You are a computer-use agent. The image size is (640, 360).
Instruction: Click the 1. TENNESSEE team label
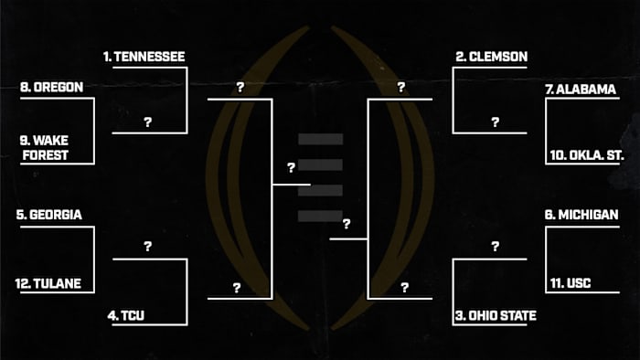[x=144, y=58]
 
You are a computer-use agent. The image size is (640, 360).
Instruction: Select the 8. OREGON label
[x=51, y=88]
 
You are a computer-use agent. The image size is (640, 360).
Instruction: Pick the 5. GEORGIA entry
[x=49, y=216]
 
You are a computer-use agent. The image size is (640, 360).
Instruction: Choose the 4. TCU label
[x=127, y=316]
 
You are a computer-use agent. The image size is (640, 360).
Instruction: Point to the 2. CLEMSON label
[x=492, y=58]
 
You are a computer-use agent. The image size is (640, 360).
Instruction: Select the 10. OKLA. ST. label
[x=586, y=155]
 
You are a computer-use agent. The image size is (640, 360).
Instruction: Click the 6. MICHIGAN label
[x=581, y=215]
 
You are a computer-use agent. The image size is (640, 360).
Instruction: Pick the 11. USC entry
[x=572, y=283]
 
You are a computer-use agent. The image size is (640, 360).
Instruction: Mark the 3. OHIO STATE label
[x=496, y=316]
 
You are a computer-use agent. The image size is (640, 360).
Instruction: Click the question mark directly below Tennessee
[x=147, y=121]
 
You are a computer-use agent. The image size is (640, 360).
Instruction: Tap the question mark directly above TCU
[x=147, y=247]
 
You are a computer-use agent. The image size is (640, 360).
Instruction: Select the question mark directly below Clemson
[x=495, y=121]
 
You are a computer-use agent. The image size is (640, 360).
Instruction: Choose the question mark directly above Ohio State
[x=495, y=247]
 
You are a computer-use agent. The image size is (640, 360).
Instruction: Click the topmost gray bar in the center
[x=320, y=139]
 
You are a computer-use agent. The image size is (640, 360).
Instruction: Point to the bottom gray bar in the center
[x=320, y=215]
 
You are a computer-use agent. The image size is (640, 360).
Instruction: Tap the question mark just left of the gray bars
[x=291, y=168]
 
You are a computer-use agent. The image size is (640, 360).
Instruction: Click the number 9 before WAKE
[x=23, y=141]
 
